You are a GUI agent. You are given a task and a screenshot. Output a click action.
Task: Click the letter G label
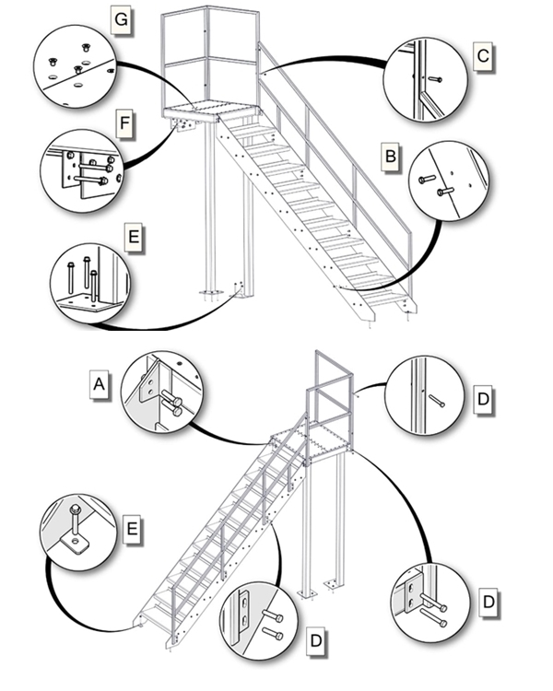[x=121, y=18]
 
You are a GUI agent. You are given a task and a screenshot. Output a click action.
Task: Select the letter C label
[x=481, y=57]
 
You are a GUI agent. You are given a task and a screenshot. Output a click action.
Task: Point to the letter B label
[x=391, y=157]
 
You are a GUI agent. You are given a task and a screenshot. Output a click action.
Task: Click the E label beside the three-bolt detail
[x=134, y=237]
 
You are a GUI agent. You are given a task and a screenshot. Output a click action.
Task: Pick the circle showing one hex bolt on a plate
[x=79, y=533]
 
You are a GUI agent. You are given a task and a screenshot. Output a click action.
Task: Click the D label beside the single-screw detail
[x=482, y=401]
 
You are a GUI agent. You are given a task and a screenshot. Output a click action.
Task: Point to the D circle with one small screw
[x=427, y=396]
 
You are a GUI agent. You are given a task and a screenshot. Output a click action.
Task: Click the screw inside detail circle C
[x=434, y=79]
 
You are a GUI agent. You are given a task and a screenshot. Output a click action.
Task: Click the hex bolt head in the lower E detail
[x=72, y=509]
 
